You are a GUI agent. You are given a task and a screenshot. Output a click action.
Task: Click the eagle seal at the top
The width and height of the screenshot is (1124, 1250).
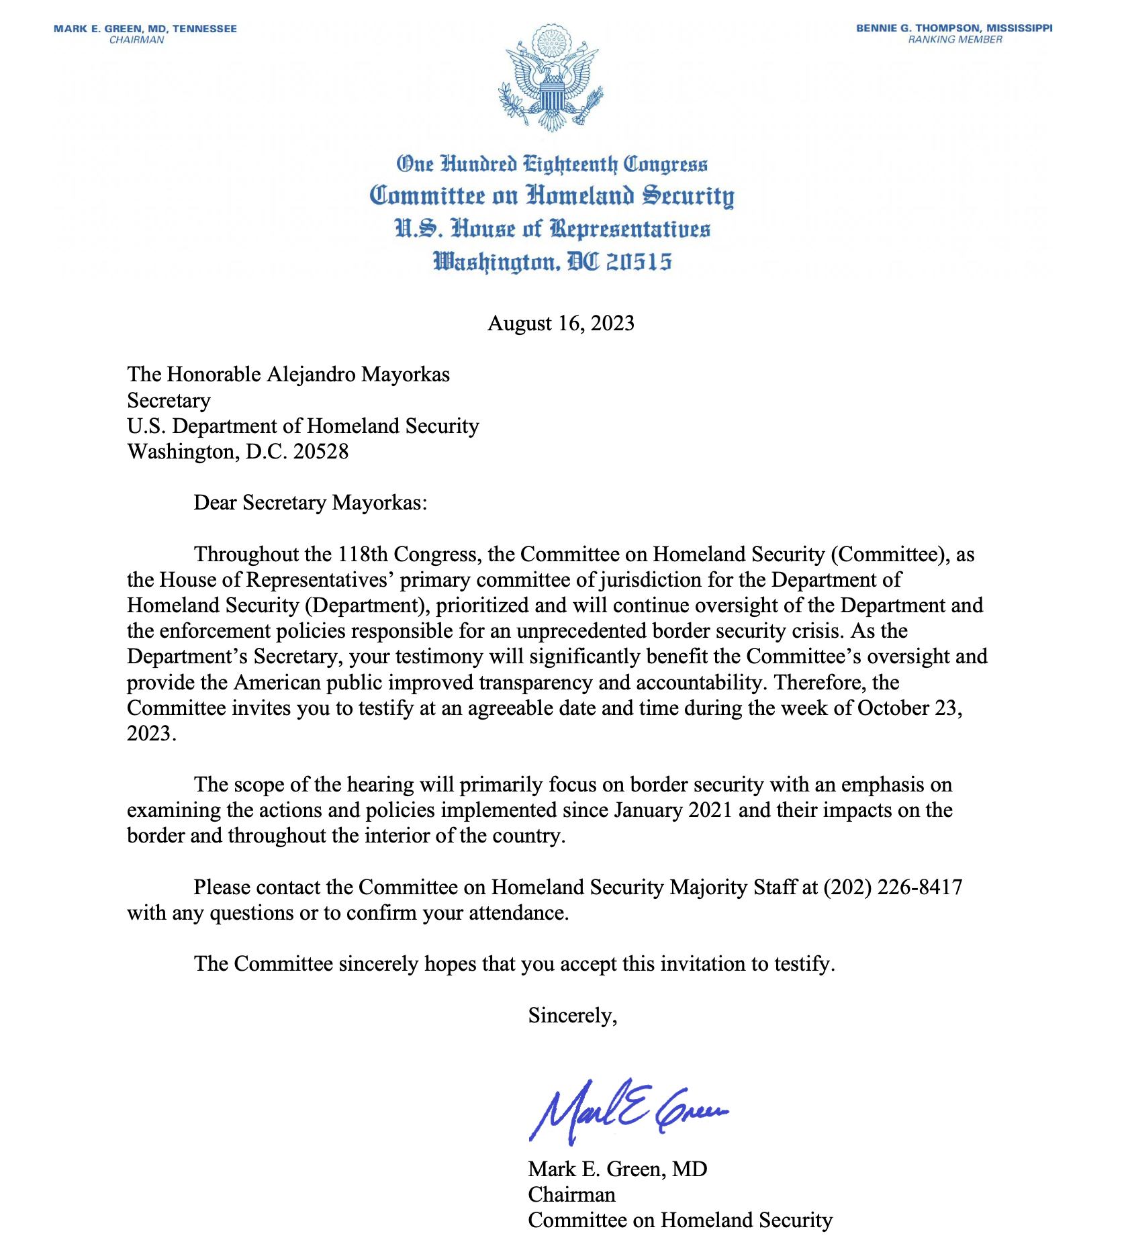point(551,78)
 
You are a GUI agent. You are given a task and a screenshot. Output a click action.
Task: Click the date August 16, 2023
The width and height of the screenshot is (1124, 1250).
point(561,324)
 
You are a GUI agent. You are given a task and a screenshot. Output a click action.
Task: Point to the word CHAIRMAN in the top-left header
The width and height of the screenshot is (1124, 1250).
point(137,40)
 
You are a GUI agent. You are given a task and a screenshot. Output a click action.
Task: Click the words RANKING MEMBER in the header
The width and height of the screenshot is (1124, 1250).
point(955,40)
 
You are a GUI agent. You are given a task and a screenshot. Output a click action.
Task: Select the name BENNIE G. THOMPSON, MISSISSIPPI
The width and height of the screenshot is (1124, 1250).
point(954,28)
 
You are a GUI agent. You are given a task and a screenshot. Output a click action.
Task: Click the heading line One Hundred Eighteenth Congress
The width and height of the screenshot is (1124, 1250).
point(551,164)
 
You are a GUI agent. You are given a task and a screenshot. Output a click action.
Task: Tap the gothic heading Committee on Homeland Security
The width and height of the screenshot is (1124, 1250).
point(551,196)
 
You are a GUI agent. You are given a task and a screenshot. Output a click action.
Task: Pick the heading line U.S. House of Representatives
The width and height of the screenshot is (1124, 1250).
point(551,229)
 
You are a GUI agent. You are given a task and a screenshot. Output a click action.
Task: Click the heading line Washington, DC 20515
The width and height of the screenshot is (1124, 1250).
point(551,261)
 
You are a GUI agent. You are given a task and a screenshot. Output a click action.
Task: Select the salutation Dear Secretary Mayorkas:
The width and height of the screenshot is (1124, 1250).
point(310,503)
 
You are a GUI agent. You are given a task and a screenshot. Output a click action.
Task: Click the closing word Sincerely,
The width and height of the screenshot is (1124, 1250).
point(572,1015)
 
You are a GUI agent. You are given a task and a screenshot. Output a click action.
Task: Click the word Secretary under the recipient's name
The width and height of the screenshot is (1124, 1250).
point(169,401)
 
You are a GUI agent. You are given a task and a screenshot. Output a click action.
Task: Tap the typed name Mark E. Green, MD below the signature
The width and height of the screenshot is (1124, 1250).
point(617,1169)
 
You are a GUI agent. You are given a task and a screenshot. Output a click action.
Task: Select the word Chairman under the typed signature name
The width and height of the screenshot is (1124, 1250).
point(571,1194)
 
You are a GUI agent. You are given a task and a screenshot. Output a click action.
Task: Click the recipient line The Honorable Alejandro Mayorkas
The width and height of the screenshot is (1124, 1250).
point(288,375)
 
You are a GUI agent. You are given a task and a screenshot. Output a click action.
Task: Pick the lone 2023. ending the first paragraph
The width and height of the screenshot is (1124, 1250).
point(152,733)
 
